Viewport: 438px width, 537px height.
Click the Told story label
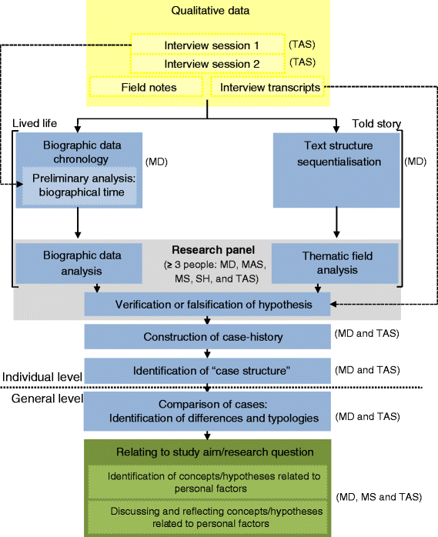(377, 123)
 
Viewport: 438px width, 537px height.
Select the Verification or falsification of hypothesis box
(206, 305)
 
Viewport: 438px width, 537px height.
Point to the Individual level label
(40, 376)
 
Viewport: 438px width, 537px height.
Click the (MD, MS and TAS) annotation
(379, 497)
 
